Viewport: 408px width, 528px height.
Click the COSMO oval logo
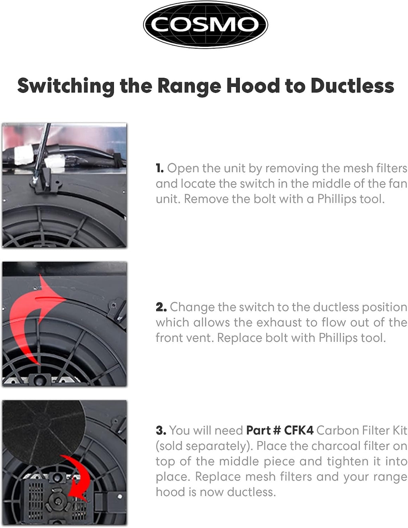click(x=205, y=25)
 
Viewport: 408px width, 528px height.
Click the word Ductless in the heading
click(x=352, y=86)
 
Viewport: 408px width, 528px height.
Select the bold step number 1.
click(x=159, y=168)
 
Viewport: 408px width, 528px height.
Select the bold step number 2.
click(x=161, y=307)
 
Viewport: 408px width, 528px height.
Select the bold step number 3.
click(x=161, y=430)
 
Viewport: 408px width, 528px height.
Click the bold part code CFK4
click(x=298, y=430)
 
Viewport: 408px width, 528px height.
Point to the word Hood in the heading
click(x=253, y=86)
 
